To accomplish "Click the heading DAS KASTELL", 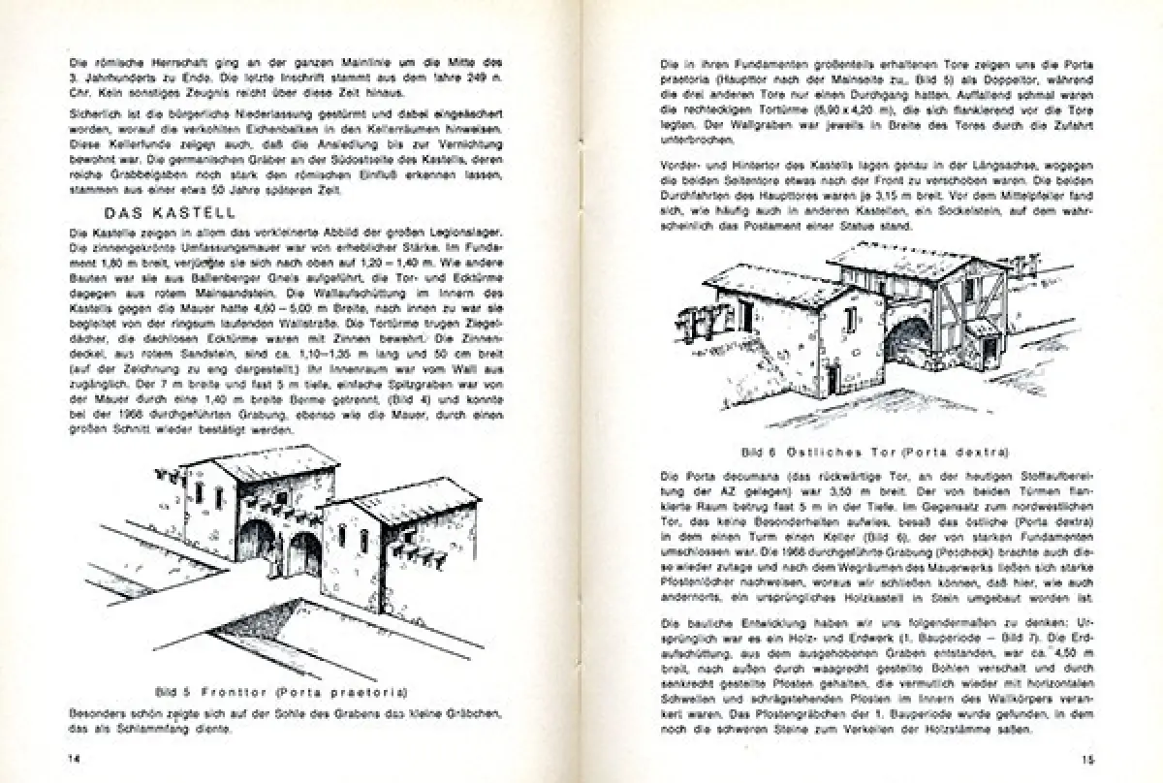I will (x=168, y=213).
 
